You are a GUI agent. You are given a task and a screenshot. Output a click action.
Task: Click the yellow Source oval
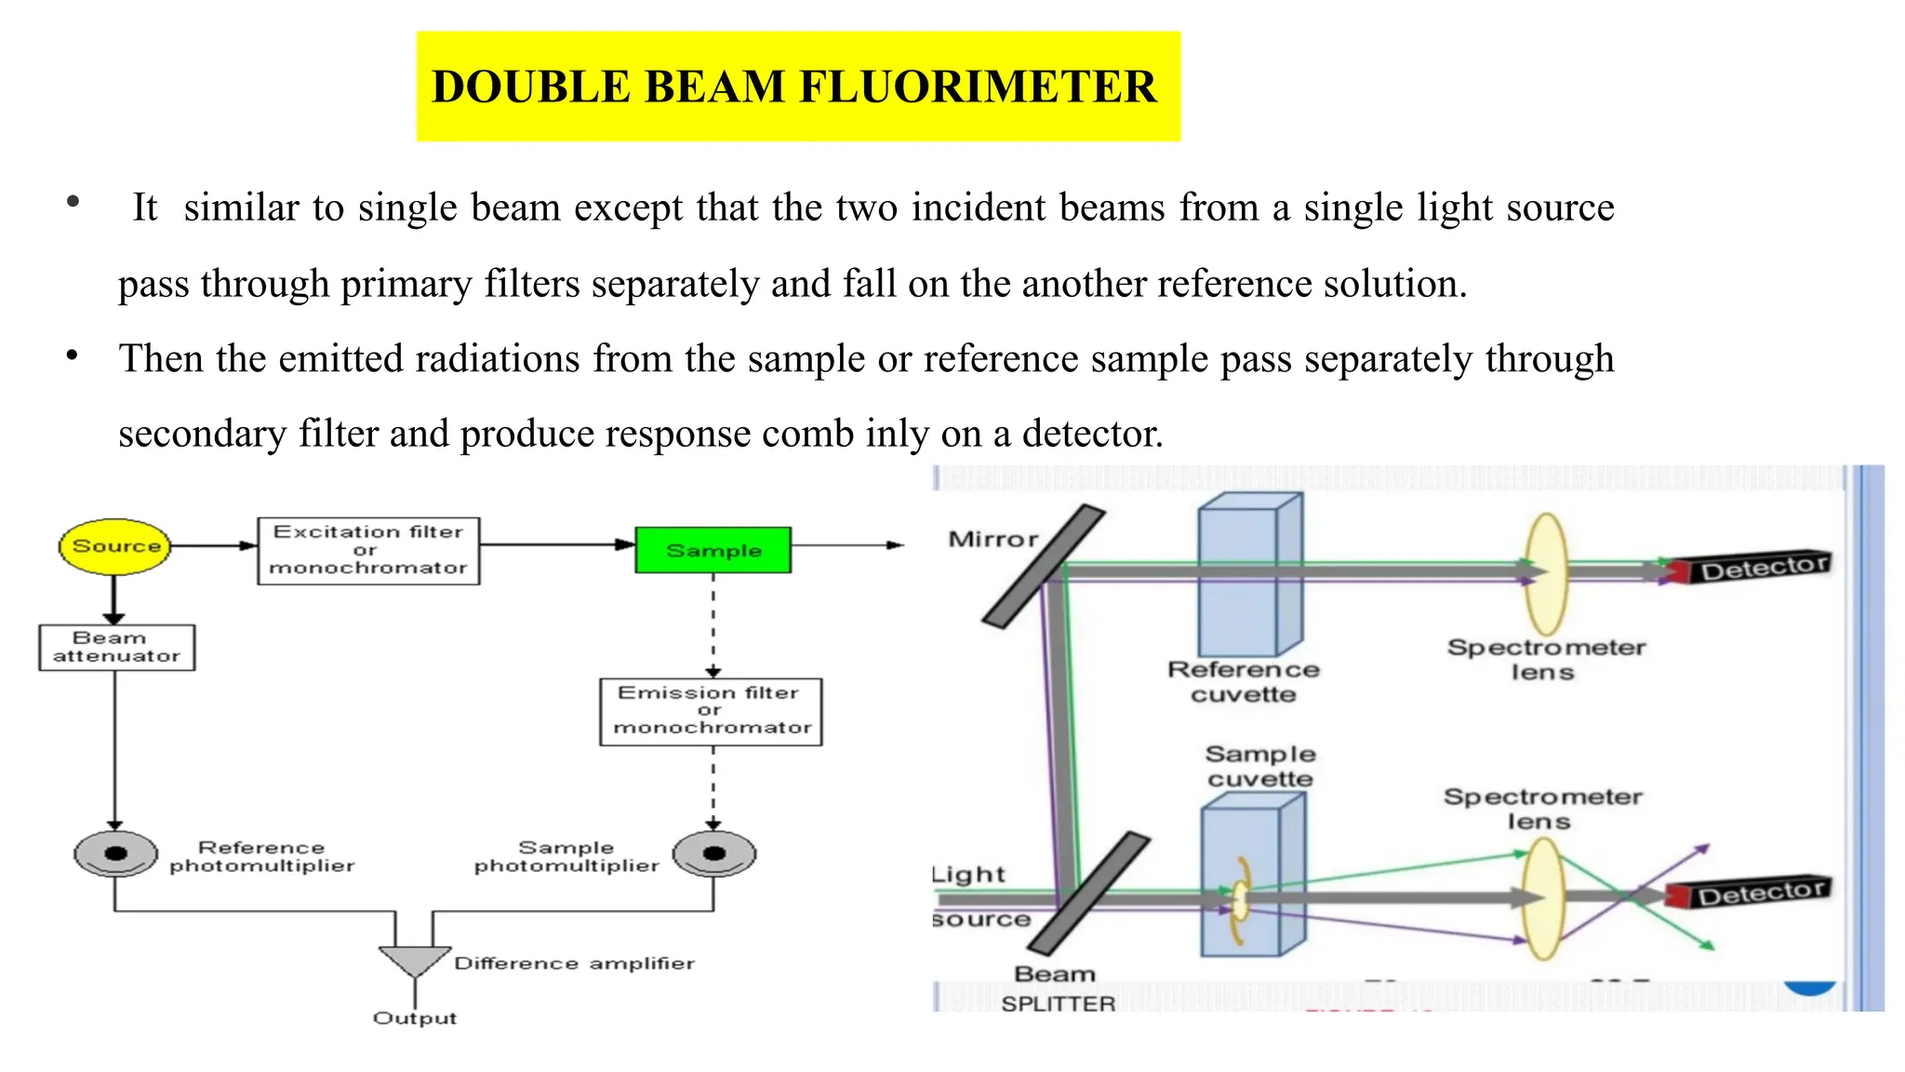click(x=114, y=546)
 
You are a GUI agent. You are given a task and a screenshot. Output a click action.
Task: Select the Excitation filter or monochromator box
click(x=368, y=550)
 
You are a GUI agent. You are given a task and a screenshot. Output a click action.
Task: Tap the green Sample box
click(x=713, y=550)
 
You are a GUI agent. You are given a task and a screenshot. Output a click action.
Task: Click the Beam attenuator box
click(x=116, y=647)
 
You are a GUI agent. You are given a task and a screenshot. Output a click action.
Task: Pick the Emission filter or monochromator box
click(x=711, y=711)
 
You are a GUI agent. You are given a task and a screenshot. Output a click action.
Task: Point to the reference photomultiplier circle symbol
click(x=115, y=853)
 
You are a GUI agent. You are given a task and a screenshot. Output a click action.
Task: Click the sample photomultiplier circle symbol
click(x=713, y=853)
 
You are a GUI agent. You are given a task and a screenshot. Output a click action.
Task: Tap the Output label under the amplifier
click(x=415, y=1018)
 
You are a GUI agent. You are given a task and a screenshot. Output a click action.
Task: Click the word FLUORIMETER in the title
click(x=978, y=87)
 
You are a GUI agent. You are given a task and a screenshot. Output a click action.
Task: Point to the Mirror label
click(x=992, y=539)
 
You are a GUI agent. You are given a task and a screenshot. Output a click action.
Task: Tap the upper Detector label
click(x=1764, y=567)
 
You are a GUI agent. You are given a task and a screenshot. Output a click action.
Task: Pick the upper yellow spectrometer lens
click(x=1546, y=574)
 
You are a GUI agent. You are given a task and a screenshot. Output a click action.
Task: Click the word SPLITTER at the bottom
click(x=1059, y=1003)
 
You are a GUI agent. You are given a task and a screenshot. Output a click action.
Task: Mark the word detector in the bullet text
click(x=1092, y=434)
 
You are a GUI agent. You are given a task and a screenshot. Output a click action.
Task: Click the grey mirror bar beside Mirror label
click(x=1044, y=567)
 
